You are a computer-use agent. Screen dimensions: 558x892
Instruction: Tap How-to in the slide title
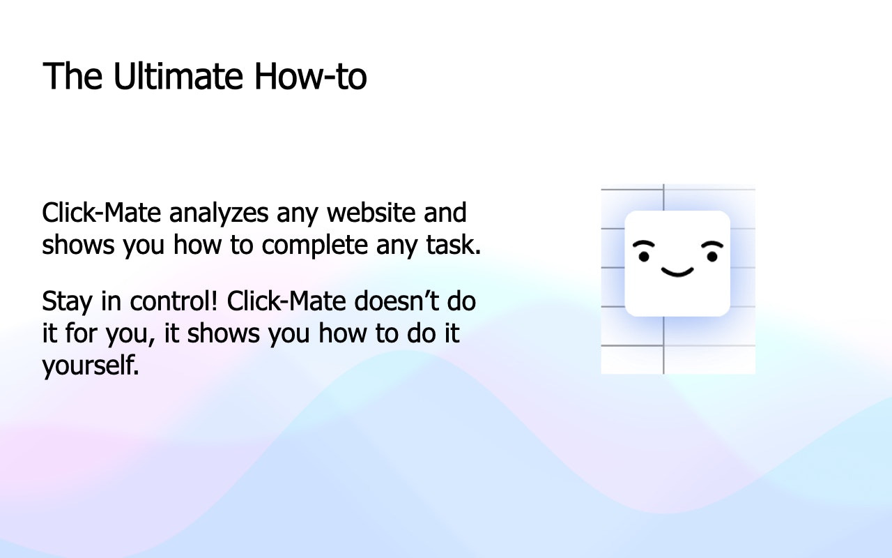click(x=310, y=77)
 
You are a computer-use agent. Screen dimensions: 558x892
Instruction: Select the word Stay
click(x=67, y=301)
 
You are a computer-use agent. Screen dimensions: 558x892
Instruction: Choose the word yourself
click(x=91, y=365)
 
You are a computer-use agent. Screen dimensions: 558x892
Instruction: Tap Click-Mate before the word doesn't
click(x=287, y=301)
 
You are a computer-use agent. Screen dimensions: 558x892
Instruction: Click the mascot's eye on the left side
click(x=644, y=257)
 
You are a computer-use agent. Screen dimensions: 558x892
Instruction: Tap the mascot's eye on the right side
click(x=712, y=257)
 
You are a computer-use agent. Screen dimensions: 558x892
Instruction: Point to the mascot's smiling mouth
click(x=677, y=271)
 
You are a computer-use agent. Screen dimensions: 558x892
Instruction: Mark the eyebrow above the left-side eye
click(x=644, y=245)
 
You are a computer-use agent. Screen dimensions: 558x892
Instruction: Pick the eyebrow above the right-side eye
click(x=712, y=245)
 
